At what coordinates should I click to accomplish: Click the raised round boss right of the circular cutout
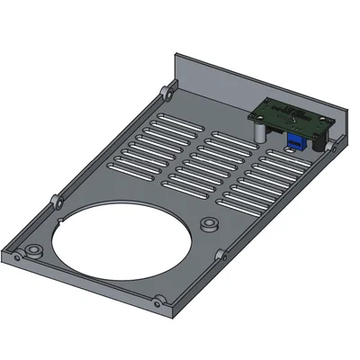(209, 223)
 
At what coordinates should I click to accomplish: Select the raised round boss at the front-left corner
(33, 248)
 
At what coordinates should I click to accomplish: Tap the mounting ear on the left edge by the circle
(55, 197)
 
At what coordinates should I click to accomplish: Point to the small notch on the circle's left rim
(58, 218)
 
